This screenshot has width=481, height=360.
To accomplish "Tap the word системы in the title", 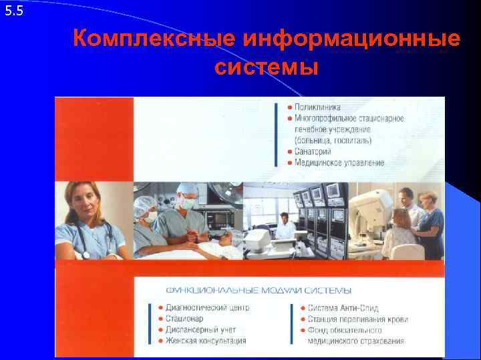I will tap(267, 67).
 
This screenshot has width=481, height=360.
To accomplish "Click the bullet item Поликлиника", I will tap(318, 107).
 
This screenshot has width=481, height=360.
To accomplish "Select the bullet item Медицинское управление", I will tap(339, 163).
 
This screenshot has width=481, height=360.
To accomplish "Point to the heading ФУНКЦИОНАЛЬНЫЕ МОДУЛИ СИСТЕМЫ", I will tap(259, 291).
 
